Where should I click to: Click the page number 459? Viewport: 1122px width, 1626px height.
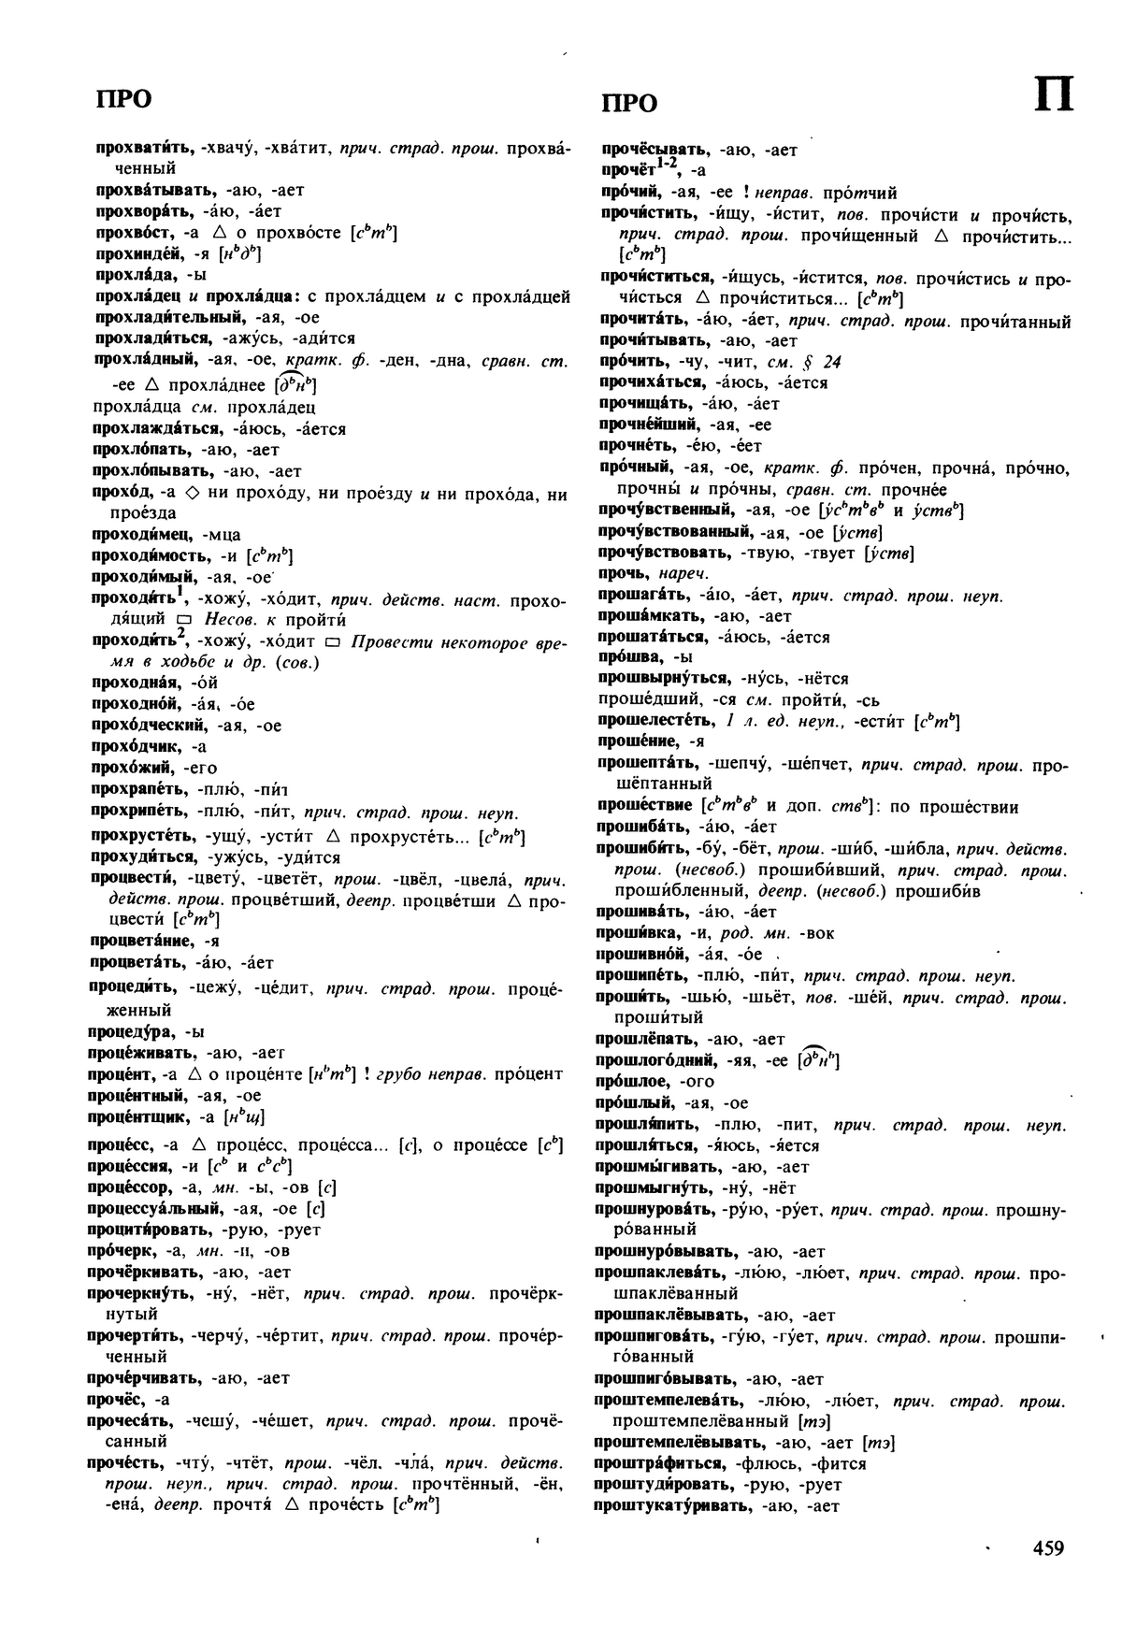[x=1048, y=1549]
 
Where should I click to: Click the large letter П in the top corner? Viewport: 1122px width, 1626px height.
[x=1054, y=95]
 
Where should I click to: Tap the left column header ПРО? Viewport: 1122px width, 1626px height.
[x=123, y=99]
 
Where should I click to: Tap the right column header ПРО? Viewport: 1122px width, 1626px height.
[x=628, y=103]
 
